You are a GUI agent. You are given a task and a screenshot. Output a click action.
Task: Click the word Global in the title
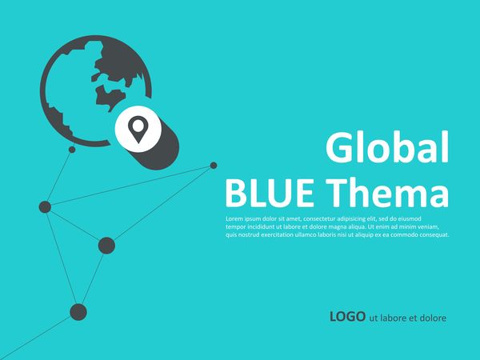387,147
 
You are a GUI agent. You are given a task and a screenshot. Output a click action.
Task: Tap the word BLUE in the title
270,193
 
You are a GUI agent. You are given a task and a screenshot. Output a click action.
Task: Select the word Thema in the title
387,192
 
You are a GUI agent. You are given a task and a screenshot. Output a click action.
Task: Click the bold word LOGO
347,317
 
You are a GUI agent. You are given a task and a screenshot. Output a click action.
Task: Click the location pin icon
138,129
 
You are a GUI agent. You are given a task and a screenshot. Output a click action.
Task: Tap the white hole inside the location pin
138,126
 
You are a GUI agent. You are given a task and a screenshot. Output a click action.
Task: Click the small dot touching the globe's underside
72,150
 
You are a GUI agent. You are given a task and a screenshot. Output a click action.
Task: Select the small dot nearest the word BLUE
214,166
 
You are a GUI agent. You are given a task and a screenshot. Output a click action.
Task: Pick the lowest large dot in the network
78,312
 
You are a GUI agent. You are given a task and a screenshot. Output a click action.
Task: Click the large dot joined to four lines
45,207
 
